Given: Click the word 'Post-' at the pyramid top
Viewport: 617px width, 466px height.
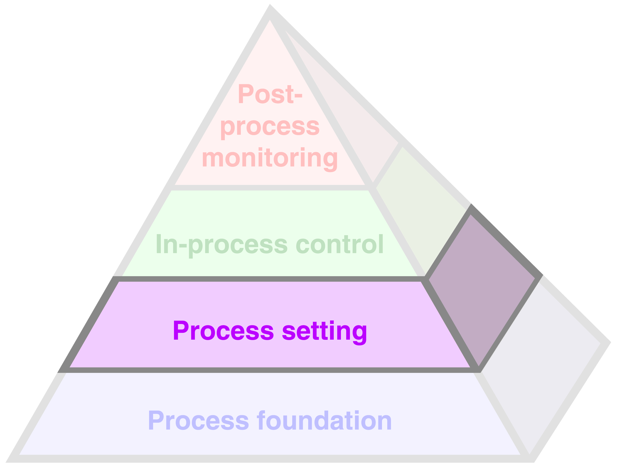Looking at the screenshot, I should tap(270, 94).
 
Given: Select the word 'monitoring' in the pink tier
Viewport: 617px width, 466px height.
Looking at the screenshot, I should tap(270, 158).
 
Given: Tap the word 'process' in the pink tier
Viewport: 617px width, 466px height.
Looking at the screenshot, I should tap(270, 128).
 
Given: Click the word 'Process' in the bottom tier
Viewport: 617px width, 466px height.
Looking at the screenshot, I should tap(199, 420).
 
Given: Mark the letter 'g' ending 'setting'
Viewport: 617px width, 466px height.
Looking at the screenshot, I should tap(360, 333).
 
